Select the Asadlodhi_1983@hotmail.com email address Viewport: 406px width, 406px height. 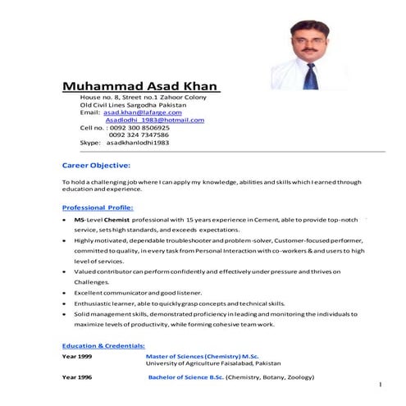(155, 120)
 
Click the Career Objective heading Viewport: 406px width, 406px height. (97, 165)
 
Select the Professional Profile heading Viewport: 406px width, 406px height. (98, 208)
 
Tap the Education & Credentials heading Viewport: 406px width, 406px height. (103, 345)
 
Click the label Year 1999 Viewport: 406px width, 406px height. (77, 358)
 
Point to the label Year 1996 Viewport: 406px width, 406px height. (77, 377)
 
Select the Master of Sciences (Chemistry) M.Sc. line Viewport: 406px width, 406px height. (202, 358)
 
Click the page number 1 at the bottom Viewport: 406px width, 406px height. (381, 385)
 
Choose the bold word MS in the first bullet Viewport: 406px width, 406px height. (79, 221)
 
